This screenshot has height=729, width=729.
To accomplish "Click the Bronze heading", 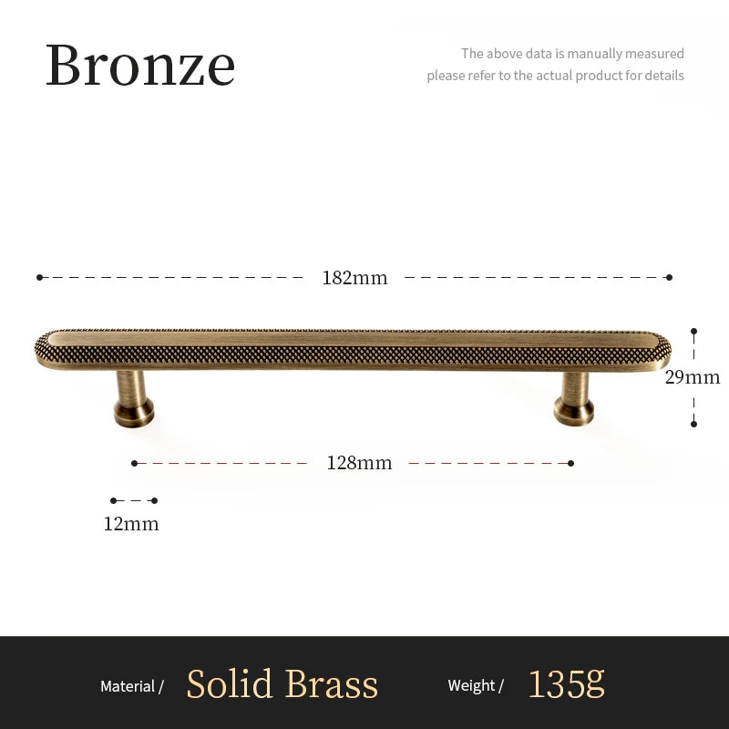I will point(140,65).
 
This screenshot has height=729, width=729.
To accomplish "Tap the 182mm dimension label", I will point(354,278).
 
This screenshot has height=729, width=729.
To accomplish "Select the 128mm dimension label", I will point(359,463).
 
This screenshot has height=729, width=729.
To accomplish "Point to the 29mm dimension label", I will point(693,377).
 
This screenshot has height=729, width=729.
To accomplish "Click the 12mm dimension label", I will point(131,524).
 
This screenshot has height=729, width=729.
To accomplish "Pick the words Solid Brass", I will point(282,684).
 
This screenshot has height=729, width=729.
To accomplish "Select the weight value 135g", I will point(566,684).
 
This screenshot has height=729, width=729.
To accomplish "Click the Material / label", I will point(132,686).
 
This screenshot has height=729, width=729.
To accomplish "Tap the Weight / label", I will point(476,686).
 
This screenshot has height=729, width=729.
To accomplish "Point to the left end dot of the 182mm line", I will point(40,277).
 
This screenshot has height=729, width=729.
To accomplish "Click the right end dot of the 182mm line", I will point(669,277).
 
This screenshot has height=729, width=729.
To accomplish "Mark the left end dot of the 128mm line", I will point(134,463).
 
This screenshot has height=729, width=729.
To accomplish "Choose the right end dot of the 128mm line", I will point(570,463).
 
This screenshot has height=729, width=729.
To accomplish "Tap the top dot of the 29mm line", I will point(693,332).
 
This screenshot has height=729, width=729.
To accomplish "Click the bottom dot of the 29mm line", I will point(693,423).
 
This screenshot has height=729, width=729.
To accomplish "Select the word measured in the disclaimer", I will point(653,54).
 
